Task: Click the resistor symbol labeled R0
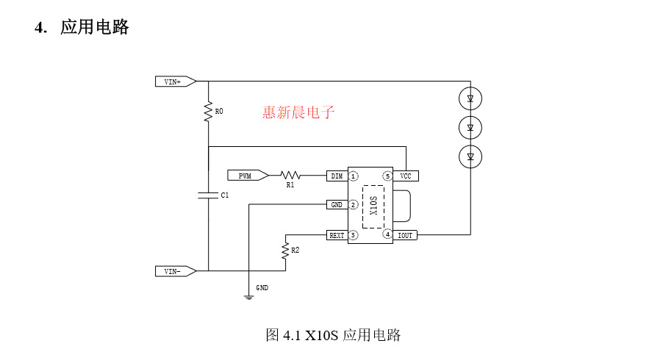[x=209, y=112]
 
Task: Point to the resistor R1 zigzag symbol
[x=291, y=176]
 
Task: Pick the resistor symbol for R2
[x=285, y=251]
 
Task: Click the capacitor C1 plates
[x=209, y=195]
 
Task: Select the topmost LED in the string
[x=470, y=97]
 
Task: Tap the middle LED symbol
[x=470, y=127]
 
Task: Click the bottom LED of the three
[x=470, y=156]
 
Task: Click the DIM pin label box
[x=337, y=176]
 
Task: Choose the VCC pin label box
[x=405, y=176]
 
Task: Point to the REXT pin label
[x=337, y=235]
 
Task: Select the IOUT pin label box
[x=405, y=235]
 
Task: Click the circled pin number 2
[x=354, y=205]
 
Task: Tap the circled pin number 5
[x=387, y=176]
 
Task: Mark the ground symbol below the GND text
[x=249, y=296]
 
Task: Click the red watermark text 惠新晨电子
[x=298, y=112]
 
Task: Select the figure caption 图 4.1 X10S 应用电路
[x=333, y=336]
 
